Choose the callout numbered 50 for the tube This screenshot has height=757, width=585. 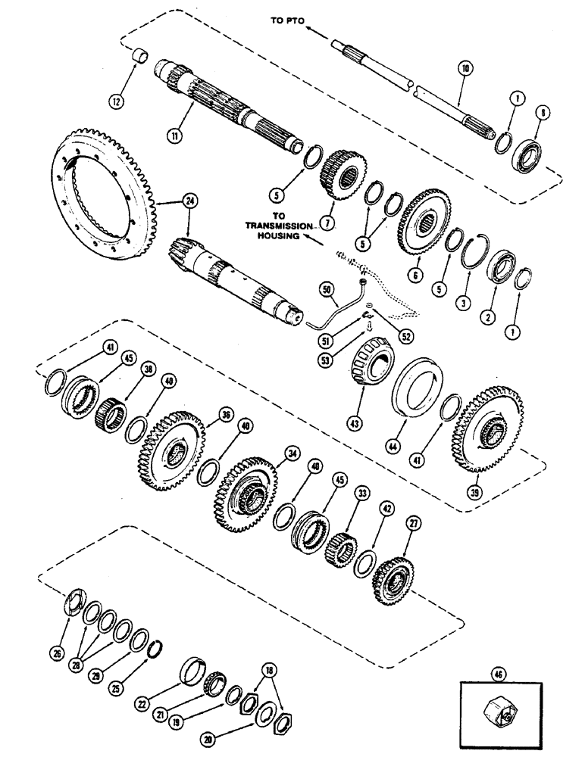pos(327,289)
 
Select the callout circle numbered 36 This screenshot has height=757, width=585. pos(225,414)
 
